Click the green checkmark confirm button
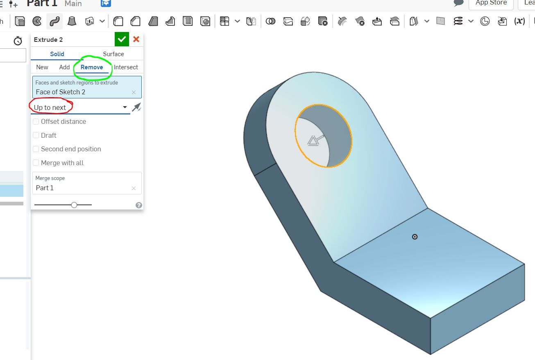pyautogui.click(x=122, y=39)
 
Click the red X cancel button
pyautogui.click(x=136, y=39)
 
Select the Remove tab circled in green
pyautogui.click(x=92, y=67)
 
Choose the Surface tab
pyautogui.click(x=113, y=54)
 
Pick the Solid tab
pyautogui.click(x=57, y=54)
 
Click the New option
pyautogui.click(x=42, y=67)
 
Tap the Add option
pyautogui.click(x=64, y=67)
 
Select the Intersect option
pyautogui.click(x=126, y=67)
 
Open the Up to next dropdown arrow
pyautogui.click(x=125, y=107)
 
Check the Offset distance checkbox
pyautogui.click(x=36, y=122)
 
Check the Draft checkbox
pyautogui.click(x=36, y=135)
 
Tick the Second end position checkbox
pyautogui.click(x=36, y=149)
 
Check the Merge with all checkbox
pyautogui.click(x=36, y=163)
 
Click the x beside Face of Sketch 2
pyautogui.click(x=134, y=92)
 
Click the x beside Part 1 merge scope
pyautogui.click(x=134, y=188)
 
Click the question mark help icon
pyautogui.click(x=139, y=205)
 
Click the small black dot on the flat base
pyautogui.click(x=415, y=237)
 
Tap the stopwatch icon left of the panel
pyautogui.click(x=18, y=41)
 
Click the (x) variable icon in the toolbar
pyautogui.click(x=519, y=21)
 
